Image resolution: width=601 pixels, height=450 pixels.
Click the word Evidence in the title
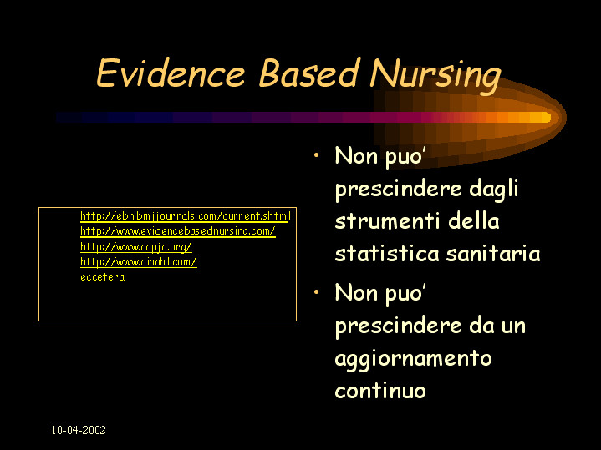point(171,73)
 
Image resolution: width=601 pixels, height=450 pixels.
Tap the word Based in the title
point(309,73)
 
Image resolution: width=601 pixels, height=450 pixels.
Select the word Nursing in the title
point(435,76)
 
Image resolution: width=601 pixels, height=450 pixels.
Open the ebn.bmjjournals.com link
point(186,216)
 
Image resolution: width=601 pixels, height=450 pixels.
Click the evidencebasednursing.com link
point(178,231)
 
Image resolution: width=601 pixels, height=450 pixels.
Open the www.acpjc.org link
point(135,246)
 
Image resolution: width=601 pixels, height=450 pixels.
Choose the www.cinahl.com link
point(139,262)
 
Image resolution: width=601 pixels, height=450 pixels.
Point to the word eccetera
point(102,277)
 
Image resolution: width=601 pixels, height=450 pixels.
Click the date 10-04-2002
point(79,430)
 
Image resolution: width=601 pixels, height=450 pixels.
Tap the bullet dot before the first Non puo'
point(316,155)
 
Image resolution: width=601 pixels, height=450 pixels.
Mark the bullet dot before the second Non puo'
point(316,292)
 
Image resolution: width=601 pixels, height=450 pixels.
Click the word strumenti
point(387,221)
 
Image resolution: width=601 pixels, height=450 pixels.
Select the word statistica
point(386,254)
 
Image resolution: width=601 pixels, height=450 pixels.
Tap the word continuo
point(380,391)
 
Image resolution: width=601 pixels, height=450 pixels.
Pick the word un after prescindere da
point(513,327)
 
